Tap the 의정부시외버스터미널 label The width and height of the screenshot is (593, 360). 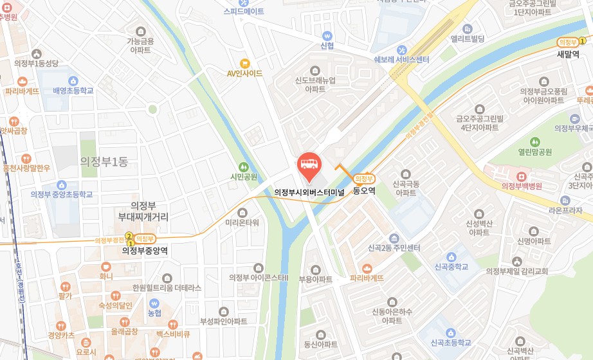309,192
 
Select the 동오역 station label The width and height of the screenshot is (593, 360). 364,191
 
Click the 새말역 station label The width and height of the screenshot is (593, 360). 569,54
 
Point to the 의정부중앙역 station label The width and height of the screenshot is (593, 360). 145,251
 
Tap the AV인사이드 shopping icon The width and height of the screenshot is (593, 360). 244,63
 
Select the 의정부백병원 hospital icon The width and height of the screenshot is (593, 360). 522,175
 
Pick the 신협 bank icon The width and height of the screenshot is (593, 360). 327,35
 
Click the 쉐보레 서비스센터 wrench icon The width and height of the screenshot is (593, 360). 402,50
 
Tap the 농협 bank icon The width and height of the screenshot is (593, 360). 154,303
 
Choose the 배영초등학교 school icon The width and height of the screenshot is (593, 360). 73,81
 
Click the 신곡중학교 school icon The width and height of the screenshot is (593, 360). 450,256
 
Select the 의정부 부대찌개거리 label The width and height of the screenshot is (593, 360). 143,212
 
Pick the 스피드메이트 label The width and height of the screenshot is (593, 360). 244,12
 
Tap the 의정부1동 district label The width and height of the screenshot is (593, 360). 104,161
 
